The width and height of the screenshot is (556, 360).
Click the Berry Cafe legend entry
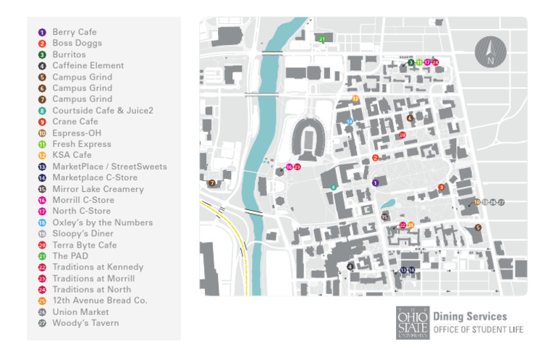(x=74, y=32)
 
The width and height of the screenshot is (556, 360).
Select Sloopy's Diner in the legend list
(x=83, y=234)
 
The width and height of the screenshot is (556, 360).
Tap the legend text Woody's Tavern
(x=85, y=323)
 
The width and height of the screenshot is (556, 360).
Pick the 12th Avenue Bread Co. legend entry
(x=99, y=301)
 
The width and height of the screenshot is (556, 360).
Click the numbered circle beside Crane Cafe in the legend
(x=42, y=122)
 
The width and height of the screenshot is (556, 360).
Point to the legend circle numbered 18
(x=42, y=222)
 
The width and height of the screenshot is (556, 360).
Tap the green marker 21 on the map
(x=321, y=38)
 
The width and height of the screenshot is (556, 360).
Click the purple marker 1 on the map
(x=375, y=183)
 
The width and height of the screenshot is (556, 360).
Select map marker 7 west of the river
(x=211, y=183)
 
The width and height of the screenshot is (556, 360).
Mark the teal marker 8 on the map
(x=334, y=188)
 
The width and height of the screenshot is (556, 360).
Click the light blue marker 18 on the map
(x=350, y=122)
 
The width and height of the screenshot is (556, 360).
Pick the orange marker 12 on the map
(x=355, y=99)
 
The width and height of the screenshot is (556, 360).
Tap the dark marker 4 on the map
(x=350, y=267)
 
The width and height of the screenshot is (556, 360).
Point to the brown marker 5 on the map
(x=478, y=227)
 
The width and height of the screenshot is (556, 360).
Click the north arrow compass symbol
(x=490, y=53)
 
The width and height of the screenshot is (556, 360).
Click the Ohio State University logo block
(x=412, y=323)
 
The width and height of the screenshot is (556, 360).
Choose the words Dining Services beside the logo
(x=470, y=317)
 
